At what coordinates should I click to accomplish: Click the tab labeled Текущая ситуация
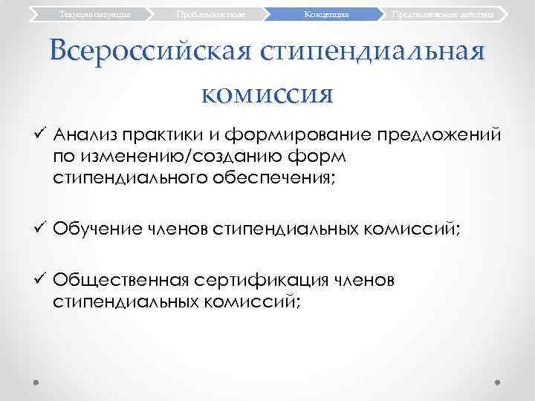pos(88,14)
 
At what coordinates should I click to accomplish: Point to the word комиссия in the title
pos(267,94)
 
